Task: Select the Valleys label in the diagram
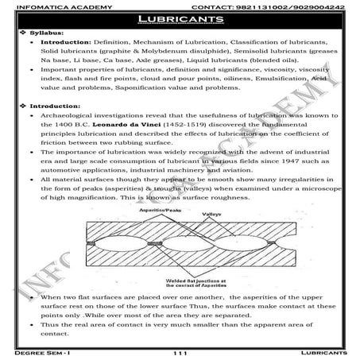(198, 225)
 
